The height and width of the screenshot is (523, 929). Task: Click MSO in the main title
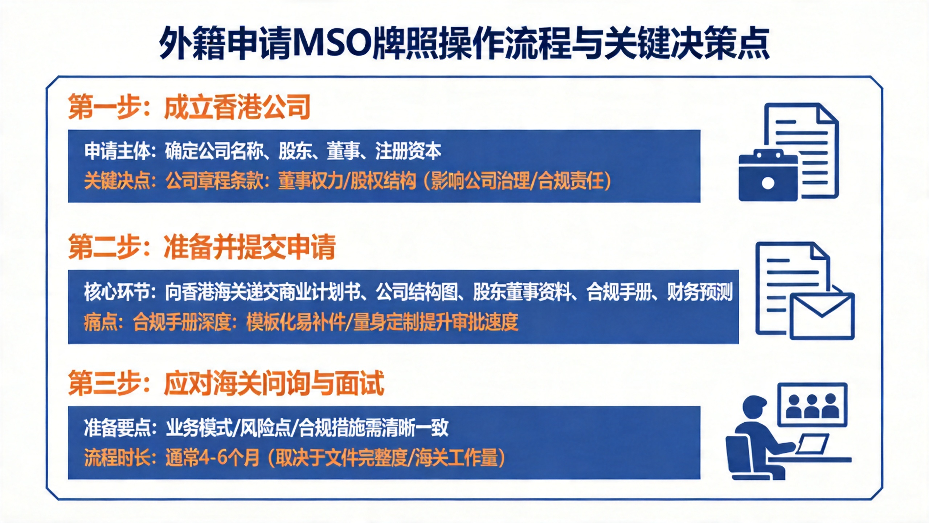333,43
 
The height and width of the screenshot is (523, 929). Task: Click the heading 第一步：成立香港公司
189,107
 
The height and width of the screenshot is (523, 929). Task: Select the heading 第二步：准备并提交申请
202,247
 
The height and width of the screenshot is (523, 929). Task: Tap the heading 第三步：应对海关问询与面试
226,383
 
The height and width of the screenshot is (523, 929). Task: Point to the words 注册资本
408,151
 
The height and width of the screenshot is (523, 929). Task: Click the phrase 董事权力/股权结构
347,181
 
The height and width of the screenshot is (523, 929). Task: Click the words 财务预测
700,292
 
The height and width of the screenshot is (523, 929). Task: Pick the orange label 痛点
100,322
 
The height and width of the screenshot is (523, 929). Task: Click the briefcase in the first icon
768,175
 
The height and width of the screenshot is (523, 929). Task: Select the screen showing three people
812,405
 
